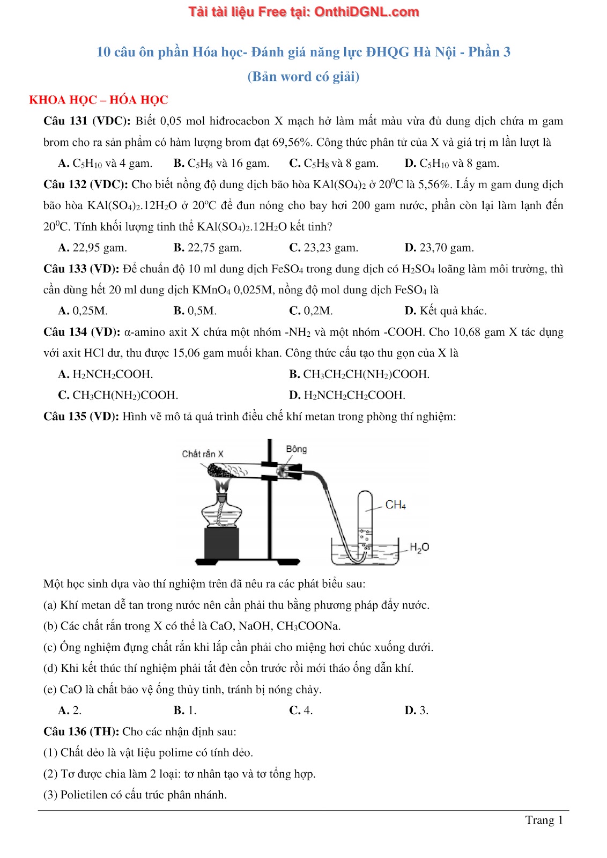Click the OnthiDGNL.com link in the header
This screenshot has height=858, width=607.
click(366, 12)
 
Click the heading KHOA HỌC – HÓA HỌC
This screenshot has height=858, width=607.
click(99, 100)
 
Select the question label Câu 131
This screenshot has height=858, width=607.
click(65, 121)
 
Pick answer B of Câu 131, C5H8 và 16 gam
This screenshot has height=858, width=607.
click(221, 164)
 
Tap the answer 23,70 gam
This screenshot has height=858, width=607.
click(439, 248)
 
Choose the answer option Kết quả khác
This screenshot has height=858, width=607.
click(446, 311)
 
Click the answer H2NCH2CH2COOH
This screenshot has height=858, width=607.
click(347, 395)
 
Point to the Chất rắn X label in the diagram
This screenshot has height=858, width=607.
click(202, 454)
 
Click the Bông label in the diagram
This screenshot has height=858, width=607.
click(296, 449)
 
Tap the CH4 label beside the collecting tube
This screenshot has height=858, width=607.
click(396, 505)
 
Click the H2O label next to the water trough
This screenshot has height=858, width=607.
click(419, 547)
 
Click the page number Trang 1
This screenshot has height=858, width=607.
click(544, 820)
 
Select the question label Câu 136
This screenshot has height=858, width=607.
click(65, 731)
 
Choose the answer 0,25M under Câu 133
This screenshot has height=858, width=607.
click(83, 311)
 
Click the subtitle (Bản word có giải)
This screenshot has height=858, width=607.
click(303, 77)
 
